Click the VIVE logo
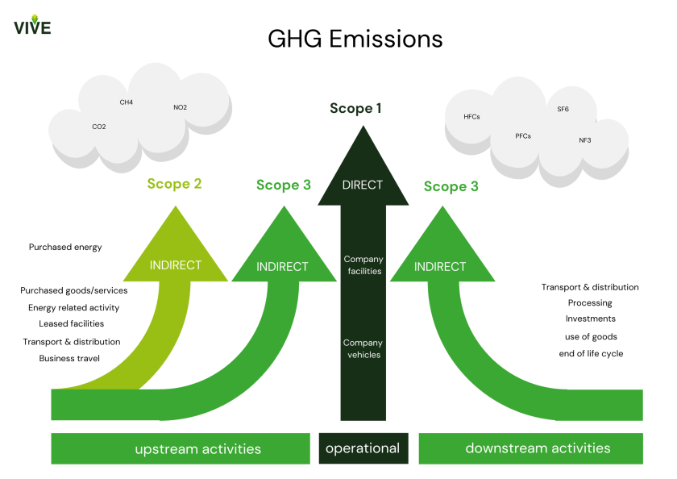[32, 25]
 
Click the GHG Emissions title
[355, 39]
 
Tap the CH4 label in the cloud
[127, 102]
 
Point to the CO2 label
[99, 127]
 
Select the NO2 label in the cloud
[181, 107]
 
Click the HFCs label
[471, 117]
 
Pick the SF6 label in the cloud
[563, 109]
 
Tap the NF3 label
[584, 140]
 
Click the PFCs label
[523, 136]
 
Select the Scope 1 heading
[355, 108]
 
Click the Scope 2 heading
[174, 184]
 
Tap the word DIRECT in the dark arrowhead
[363, 185]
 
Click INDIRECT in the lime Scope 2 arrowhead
[176, 264]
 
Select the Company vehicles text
[363, 348]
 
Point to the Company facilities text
[363, 264]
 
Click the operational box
[363, 448]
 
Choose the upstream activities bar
[181, 448]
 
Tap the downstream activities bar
[538, 448]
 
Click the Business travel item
[69, 358]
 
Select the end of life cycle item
[591, 353]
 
